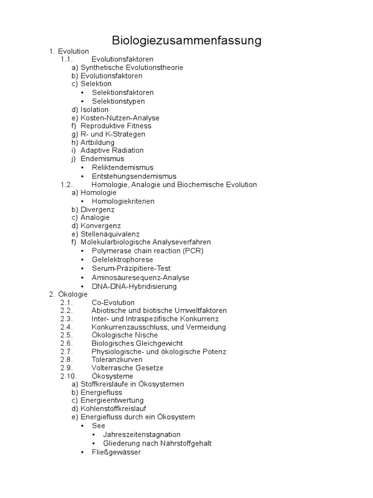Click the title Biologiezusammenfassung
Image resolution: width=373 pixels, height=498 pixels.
click(186, 40)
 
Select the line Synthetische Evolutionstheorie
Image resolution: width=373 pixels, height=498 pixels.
click(132, 68)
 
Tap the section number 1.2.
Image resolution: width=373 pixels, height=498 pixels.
click(67, 185)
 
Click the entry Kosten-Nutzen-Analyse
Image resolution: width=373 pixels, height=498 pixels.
click(119, 118)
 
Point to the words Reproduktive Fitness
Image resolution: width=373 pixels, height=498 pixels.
click(116, 126)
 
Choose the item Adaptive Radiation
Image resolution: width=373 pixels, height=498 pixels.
click(112, 150)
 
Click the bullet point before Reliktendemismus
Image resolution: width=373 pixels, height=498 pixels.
click(83, 168)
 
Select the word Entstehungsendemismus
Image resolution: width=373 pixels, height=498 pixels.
click(134, 176)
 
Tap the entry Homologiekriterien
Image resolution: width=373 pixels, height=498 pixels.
click(123, 201)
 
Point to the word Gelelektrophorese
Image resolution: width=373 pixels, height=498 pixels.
click(122, 260)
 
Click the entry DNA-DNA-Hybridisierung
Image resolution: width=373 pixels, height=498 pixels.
click(134, 286)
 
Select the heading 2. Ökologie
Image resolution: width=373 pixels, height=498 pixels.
click(68, 294)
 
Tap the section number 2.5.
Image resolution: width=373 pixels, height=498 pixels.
click(67, 335)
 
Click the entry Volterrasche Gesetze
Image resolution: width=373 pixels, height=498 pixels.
click(127, 368)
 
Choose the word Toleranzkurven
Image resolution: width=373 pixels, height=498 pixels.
click(117, 359)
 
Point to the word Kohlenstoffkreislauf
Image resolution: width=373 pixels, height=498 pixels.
click(113, 409)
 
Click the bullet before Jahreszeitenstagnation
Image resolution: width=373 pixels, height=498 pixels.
click(94, 435)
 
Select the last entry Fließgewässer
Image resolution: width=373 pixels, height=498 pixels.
click(116, 452)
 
